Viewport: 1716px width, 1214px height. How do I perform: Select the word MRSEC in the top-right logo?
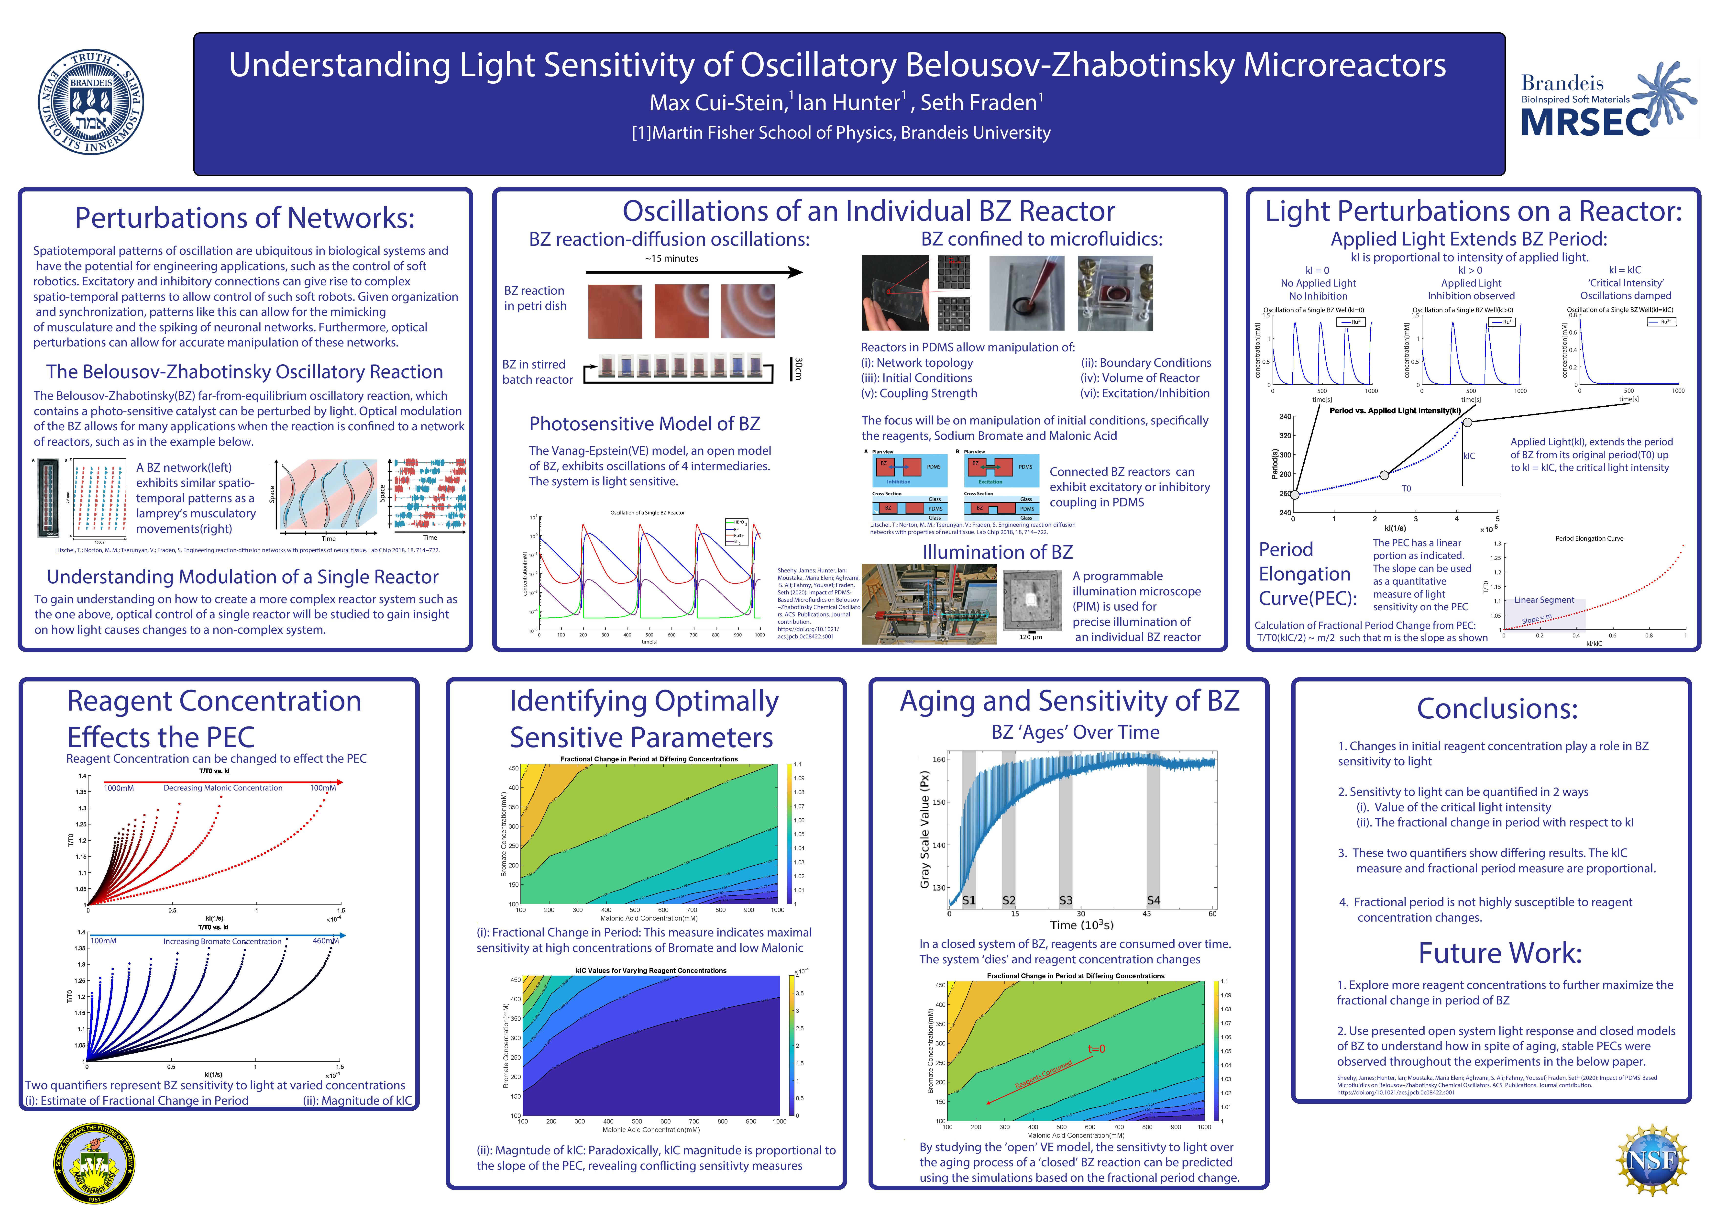(x=1584, y=122)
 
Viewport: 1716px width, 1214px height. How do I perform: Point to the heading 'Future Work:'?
(x=1500, y=953)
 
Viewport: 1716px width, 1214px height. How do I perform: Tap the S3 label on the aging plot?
(x=1066, y=900)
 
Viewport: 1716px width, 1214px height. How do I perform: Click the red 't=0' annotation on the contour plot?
(x=1096, y=1049)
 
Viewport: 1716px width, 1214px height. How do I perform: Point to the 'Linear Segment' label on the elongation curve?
(x=1544, y=600)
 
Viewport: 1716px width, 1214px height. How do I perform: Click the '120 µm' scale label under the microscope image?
(x=1031, y=637)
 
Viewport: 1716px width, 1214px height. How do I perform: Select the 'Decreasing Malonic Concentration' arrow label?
(x=223, y=788)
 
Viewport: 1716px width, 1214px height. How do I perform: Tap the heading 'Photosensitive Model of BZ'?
(x=644, y=424)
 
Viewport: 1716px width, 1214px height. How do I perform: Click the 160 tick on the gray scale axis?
(x=939, y=759)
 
